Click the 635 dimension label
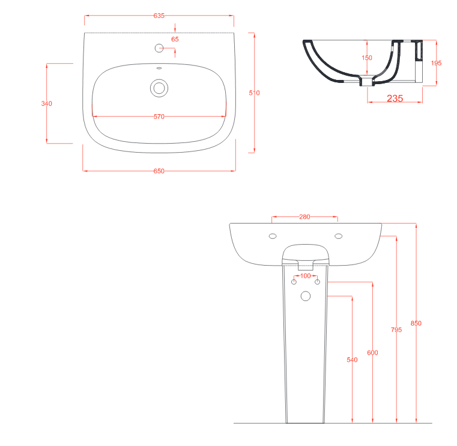(159, 16)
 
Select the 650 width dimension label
(159, 171)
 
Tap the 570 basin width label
(159, 117)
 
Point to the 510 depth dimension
(254, 93)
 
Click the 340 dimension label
(47, 103)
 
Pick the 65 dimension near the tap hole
(175, 40)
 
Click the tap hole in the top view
(159, 48)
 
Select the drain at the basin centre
(159, 88)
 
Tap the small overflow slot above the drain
(159, 69)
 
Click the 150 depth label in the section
(367, 58)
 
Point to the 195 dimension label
(437, 63)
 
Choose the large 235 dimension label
(395, 99)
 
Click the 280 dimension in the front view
(304, 217)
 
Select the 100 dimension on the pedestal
(306, 276)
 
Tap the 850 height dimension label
(416, 323)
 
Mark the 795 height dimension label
(396, 329)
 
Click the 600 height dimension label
(372, 353)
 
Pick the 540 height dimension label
(352, 359)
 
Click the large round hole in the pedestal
(306, 296)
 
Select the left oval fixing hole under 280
(273, 236)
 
